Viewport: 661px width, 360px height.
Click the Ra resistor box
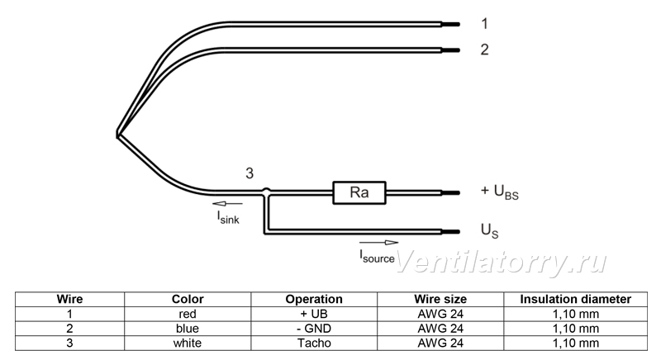click(359, 193)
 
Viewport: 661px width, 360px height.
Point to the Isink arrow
click(228, 204)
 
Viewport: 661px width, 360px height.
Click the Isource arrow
click(378, 243)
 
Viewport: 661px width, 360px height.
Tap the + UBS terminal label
click(500, 192)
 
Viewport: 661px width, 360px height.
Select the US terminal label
click(489, 230)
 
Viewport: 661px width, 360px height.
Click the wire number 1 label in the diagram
click(485, 24)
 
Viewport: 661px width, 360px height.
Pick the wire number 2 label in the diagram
click(485, 50)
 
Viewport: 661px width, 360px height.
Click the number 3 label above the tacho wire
click(250, 173)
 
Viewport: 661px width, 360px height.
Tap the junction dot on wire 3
click(266, 192)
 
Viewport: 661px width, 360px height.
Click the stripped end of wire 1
click(450, 25)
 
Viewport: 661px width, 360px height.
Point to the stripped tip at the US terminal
click(450, 231)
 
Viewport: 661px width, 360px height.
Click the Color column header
click(188, 300)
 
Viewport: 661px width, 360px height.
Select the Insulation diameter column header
click(575, 300)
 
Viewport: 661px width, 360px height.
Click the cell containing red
click(188, 314)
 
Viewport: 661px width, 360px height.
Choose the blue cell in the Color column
click(188, 329)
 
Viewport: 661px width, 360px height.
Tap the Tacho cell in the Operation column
click(314, 343)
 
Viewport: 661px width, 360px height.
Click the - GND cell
click(314, 329)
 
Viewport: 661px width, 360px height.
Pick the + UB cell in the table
click(314, 314)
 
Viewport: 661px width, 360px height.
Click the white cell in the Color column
click(188, 343)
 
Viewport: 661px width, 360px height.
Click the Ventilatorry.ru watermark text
click(502, 262)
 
